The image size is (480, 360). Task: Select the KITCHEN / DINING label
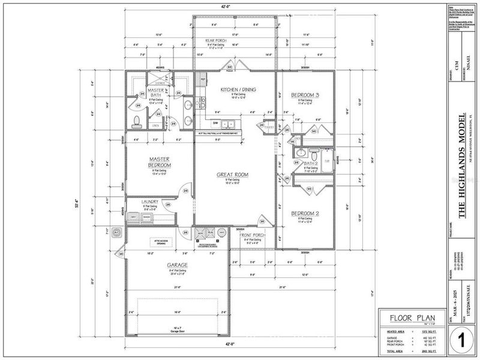[238, 89]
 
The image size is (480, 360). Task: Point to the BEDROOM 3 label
[305, 95]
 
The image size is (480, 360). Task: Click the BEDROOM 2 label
[305, 214]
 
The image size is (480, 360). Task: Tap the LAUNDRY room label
[150, 202]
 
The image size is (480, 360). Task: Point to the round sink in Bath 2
[298, 153]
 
